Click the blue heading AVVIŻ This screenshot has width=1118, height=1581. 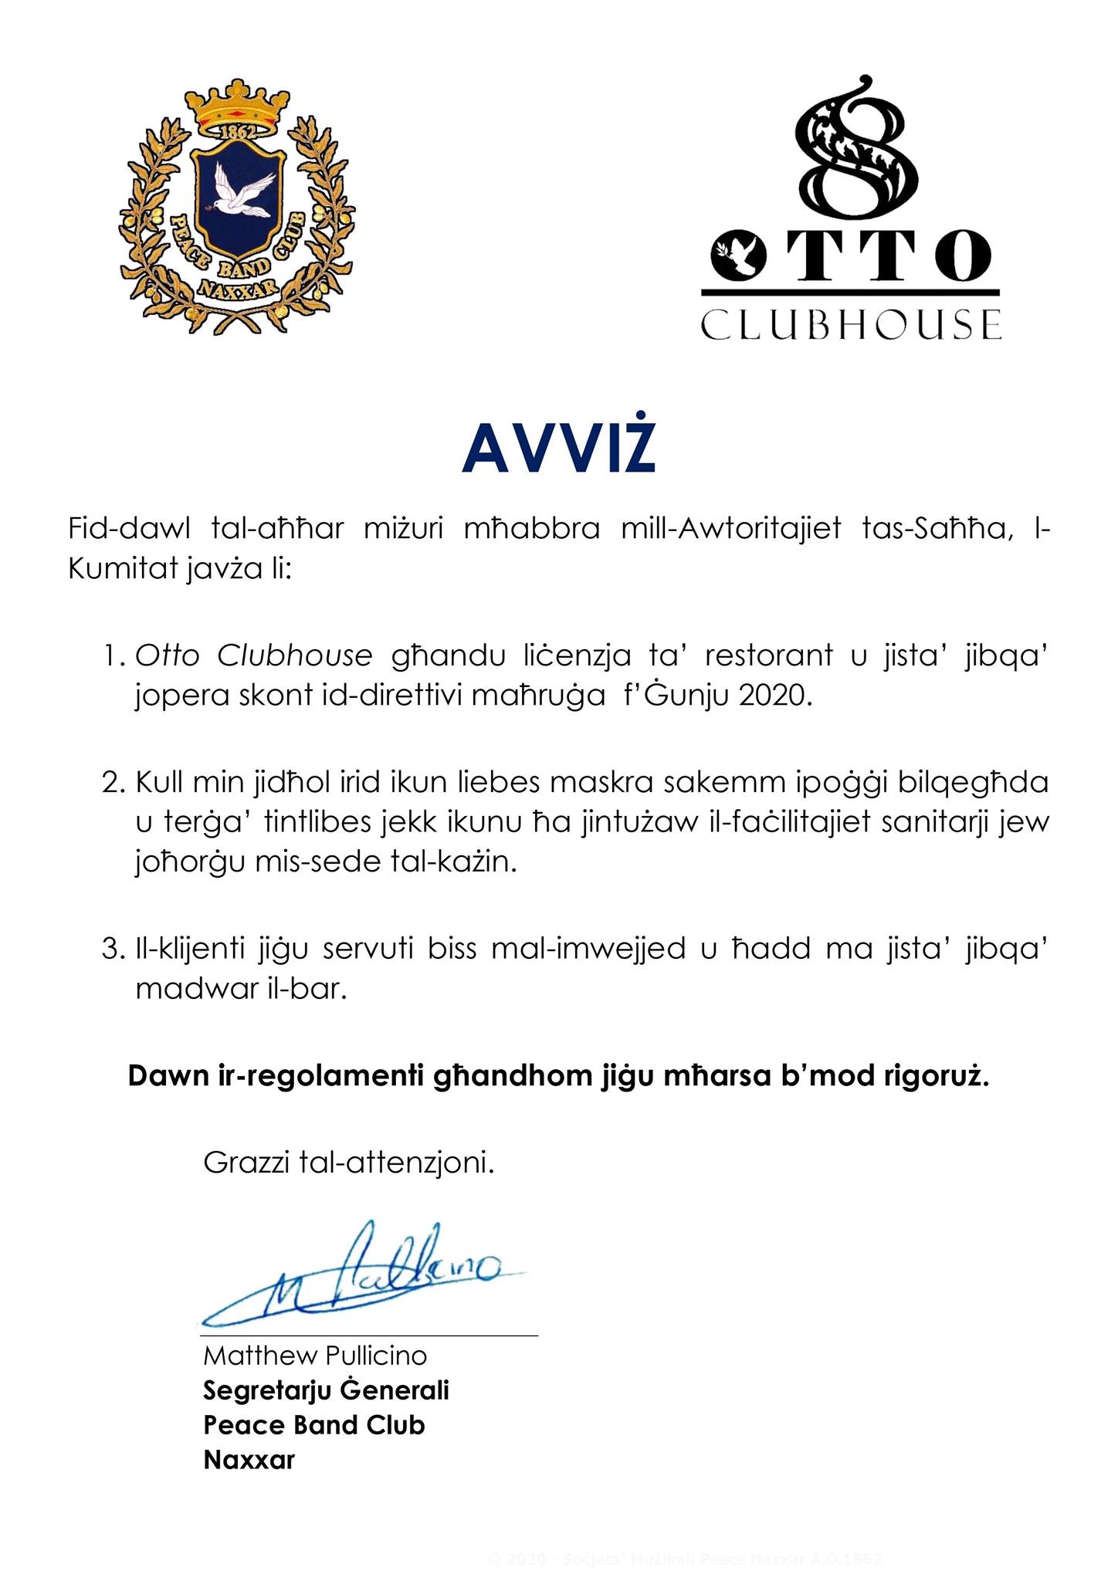(558, 450)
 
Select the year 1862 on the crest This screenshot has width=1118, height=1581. (237, 132)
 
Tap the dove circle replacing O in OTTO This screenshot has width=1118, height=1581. (736, 256)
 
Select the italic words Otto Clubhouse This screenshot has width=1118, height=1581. (254, 656)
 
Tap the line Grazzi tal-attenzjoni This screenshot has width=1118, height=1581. (348, 1162)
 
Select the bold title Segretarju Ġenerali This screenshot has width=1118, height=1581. (326, 1390)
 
